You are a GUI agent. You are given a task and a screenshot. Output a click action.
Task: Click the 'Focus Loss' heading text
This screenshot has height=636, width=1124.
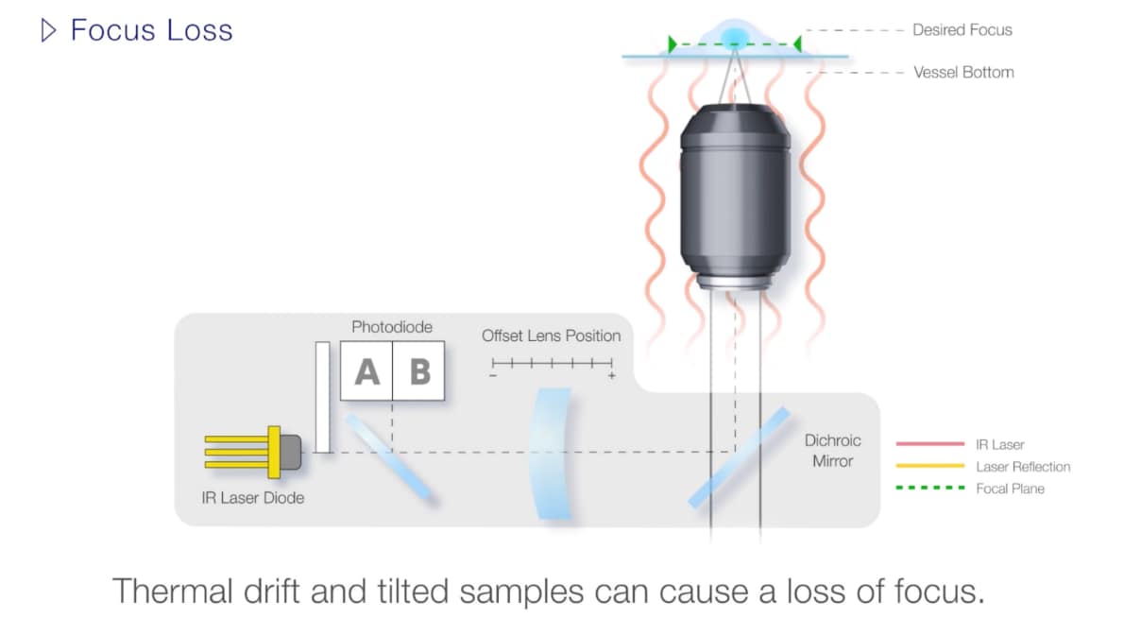tap(151, 30)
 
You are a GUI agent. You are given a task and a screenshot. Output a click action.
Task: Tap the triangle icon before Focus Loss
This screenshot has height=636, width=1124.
tap(49, 30)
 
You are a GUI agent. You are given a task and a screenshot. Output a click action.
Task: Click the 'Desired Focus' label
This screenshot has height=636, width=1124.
tap(962, 30)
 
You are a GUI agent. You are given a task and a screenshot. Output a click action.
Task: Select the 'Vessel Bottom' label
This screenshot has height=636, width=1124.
tap(963, 72)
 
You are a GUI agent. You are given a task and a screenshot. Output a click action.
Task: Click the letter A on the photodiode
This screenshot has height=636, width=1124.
tap(366, 372)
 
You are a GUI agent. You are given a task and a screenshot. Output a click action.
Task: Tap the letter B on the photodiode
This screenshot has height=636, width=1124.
tap(419, 372)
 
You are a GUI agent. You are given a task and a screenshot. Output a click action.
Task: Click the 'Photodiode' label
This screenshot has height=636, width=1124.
tap(392, 327)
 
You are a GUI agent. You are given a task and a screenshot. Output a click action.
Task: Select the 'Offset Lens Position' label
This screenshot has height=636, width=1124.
tap(551, 335)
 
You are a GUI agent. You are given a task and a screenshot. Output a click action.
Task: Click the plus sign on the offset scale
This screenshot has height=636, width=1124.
tap(612, 376)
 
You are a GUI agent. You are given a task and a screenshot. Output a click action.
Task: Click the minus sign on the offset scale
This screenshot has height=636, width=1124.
tap(492, 376)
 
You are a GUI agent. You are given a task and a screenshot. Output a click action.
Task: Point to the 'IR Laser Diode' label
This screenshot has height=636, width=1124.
tap(253, 497)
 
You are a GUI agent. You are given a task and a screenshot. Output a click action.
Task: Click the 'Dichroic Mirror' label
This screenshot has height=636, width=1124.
tap(832, 451)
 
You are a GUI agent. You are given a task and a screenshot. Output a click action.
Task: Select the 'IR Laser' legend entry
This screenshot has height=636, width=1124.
tap(1000, 444)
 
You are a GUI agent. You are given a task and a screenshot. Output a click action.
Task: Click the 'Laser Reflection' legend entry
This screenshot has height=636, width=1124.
tap(1023, 467)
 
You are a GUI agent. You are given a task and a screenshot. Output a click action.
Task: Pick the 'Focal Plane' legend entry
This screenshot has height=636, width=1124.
tap(1010, 489)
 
